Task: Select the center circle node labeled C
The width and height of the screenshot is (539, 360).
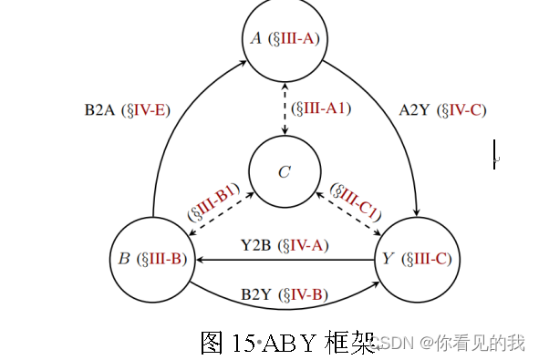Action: [x=284, y=171]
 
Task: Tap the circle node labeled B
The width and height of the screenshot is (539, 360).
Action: [x=152, y=259]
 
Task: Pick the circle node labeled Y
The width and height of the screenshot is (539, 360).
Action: [x=417, y=259]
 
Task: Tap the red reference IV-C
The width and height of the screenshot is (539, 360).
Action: [x=462, y=111]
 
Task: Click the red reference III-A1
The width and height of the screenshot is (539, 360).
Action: [x=322, y=108]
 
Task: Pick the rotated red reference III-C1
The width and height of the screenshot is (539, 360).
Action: [x=355, y=199]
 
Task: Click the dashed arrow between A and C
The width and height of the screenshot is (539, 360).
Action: [x=285, y=105]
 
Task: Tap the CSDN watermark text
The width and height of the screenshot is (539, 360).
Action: [x=394, y=344]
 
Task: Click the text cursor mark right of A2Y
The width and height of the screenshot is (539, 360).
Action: [x=494, y=153]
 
